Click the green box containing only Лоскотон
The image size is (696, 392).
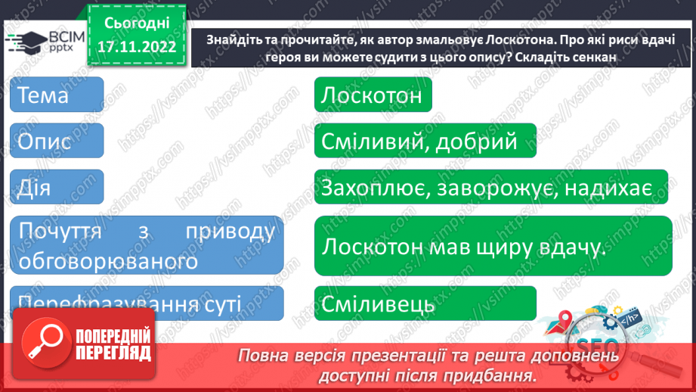[x=373, y=96]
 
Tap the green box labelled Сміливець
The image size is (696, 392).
[x=424, y=304]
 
